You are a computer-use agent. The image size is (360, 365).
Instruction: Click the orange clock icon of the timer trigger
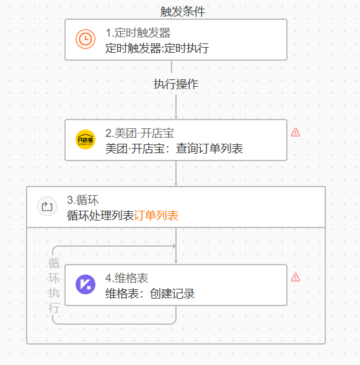(x=86, y=39)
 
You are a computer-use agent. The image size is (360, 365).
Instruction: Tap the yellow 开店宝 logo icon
(x=86, y=139)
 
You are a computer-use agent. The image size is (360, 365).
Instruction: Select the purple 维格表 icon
(x=86, y=284)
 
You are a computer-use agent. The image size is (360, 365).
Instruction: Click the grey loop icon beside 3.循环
(x=47, y=206)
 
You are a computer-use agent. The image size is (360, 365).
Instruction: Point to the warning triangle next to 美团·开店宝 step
(x=296, y=132)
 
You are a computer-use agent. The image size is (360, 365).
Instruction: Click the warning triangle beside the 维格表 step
(x=296, y=277)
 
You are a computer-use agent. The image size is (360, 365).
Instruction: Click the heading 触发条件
(x=183, y=11)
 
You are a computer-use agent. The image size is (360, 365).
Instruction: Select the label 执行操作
(x=176, y=84)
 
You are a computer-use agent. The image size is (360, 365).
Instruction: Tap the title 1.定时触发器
(x=138, y=33)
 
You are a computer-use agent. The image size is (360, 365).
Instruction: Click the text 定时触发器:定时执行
(x=157, y=48)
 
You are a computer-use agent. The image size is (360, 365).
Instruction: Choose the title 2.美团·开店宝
(x=139, y=133)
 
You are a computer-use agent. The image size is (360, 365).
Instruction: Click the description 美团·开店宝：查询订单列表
(x=174, y=149)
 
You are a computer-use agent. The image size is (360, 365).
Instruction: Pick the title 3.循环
(x=83, y=200)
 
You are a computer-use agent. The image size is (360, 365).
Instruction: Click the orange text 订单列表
(x=156, y=216)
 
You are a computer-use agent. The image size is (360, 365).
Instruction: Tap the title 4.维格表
(x=126, y=278)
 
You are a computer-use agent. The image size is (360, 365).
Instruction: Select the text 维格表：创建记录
(x=150, y=294)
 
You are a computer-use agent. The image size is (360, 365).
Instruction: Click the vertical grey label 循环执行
(x=54, y=286)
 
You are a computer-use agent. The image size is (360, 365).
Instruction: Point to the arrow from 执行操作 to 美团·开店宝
(x=176, y=107)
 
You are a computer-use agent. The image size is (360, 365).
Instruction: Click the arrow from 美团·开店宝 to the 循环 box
(x=176, y=174)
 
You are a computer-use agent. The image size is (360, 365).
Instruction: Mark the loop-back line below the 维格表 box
(x=114, y=323)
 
